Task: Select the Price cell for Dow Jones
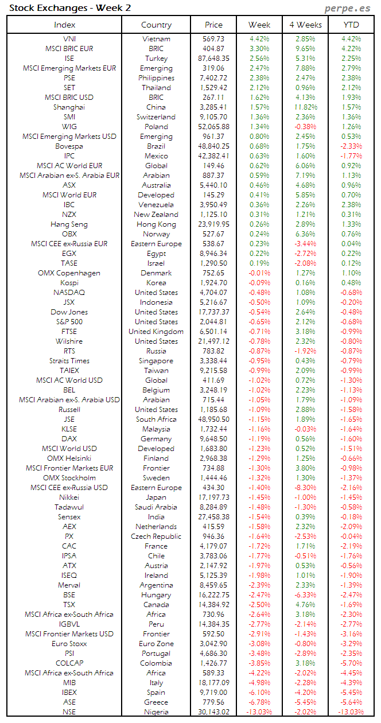213,312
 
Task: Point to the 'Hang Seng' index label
69,224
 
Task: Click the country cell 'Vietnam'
156,39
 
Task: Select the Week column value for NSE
259,712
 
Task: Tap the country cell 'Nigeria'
156,712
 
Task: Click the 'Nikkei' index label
69,497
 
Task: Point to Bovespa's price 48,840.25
213,146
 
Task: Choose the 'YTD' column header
351,25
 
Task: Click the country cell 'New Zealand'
156,215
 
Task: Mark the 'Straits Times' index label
69,361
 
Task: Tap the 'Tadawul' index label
69,507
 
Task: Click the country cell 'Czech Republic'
156,537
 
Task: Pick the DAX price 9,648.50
213,439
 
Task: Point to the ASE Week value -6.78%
259,702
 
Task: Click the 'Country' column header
156,25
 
